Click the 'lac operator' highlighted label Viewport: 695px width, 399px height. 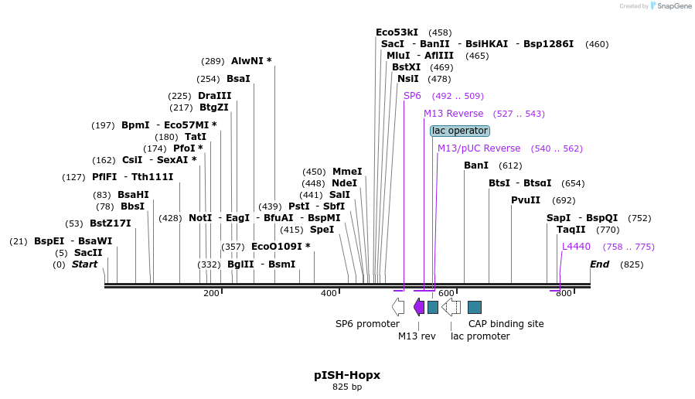460,131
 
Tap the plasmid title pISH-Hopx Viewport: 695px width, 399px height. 347,375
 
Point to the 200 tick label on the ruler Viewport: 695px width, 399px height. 211,293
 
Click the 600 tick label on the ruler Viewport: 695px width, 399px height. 446,293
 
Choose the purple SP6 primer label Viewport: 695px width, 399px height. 412,96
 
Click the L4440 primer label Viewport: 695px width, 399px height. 576,247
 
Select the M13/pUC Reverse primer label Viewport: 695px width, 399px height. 479,148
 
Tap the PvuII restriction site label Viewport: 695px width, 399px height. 526,200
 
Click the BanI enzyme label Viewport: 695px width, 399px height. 476,165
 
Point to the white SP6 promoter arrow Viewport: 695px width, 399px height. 397,307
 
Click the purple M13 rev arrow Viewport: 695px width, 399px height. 418,307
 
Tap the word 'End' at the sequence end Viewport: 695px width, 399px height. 599,264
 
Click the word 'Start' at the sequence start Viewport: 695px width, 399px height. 85,264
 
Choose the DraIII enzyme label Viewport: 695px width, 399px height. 214,96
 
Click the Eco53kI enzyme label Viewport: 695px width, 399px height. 397,32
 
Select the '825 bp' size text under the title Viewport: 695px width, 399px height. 347,387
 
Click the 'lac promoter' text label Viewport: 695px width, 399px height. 480,336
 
